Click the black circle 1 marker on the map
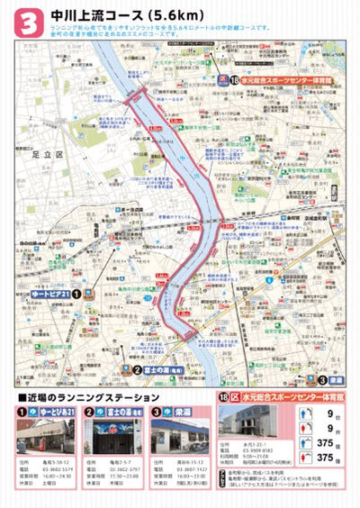click(x=77, y=293)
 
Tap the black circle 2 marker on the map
click(x=136, y=368)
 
